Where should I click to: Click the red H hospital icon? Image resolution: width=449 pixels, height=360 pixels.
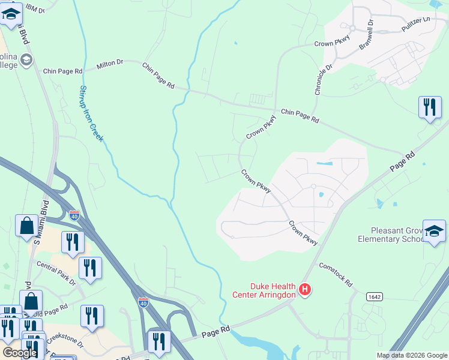(x=305, y=290)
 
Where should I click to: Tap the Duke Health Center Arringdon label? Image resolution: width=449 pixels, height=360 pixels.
(x=264, y=290)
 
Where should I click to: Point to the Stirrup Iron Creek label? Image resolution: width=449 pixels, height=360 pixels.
(x=91, y=113)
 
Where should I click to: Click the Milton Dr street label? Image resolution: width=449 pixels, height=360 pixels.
(x=110, y=62)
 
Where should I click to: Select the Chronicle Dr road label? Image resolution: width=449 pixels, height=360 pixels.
(x=322, y=79)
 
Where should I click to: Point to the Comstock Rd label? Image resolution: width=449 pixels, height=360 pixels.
(x=336, y=274)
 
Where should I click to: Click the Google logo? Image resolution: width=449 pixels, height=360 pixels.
(x=20, y=353)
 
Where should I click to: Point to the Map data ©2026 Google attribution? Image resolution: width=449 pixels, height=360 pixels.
(x=411, y=355)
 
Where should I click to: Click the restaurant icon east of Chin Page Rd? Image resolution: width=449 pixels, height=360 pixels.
(x=429, y=108)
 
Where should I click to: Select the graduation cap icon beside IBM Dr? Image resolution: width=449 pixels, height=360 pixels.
(x=11, y=16)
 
